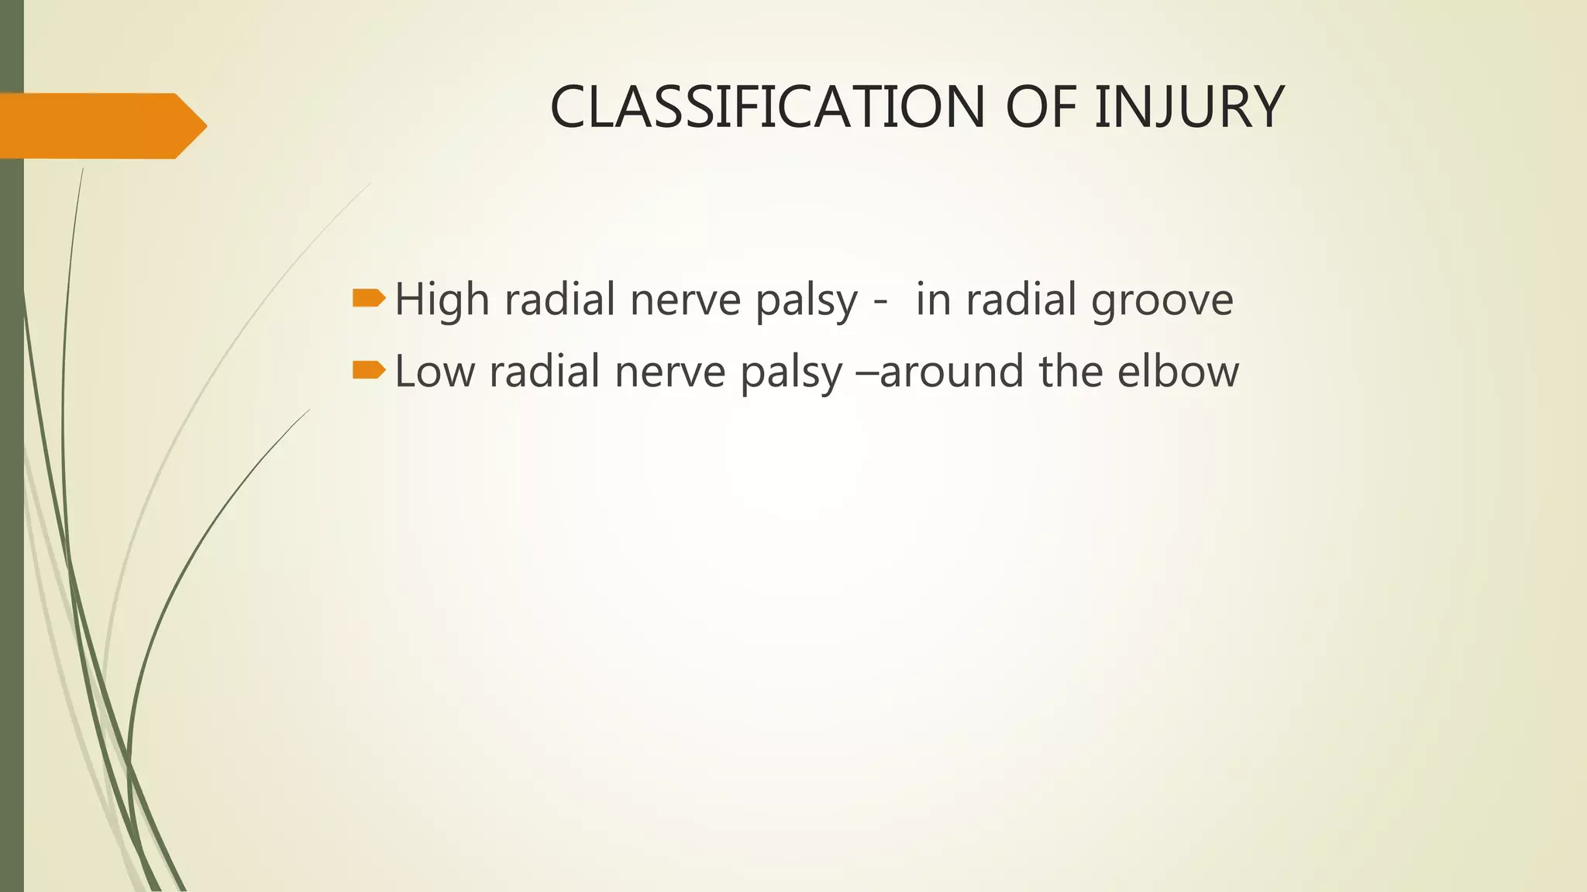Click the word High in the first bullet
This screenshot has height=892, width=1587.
(x=442, y=300)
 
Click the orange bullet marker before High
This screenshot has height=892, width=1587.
(x=368, y=298)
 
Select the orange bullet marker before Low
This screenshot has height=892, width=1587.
(x=368, y=370)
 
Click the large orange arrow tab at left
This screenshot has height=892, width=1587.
(x=101, y=125)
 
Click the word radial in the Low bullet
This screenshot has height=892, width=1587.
(x=545, y=371)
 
